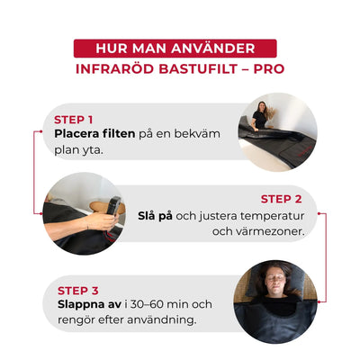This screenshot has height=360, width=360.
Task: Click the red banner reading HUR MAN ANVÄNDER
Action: click(175, 49)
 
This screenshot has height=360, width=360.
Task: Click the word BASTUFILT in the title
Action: click(198, 69)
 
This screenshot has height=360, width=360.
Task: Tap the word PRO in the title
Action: click(269, 69)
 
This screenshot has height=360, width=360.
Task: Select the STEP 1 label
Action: click(74, 120)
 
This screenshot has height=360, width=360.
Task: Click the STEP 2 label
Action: click(281, 199)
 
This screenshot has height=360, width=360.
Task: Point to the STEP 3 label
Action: click(78, 291)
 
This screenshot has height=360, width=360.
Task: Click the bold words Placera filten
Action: click(94, 133)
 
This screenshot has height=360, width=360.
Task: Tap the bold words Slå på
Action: click(155, 216)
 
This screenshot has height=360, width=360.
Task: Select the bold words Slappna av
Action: click(89, 304)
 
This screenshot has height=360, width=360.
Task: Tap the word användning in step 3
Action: click(161, 320)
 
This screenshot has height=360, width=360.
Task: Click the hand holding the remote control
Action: click(101, 221)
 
